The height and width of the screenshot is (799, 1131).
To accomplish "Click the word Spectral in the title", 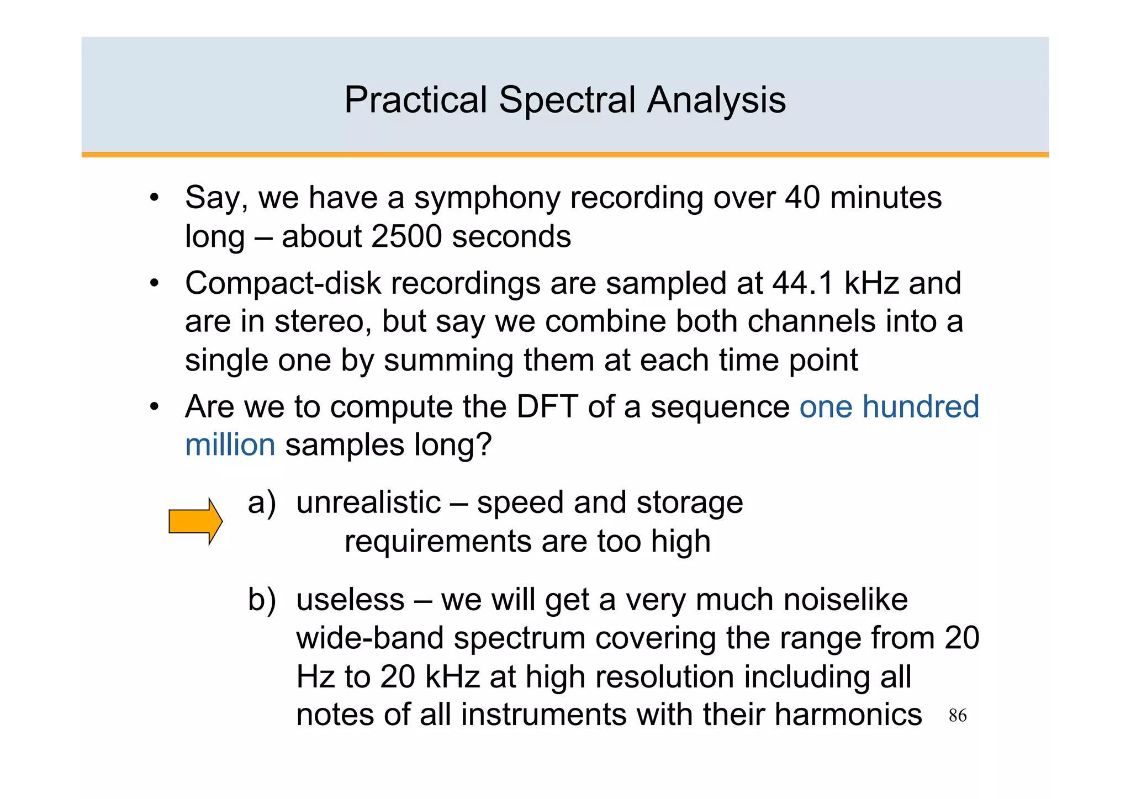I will click(x=567, y=101).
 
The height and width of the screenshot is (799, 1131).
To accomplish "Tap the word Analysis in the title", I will click(x=716, y=101).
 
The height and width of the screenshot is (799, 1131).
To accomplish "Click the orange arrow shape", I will click(x=195, y=521).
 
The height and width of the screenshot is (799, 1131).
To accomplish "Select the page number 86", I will click(x=957, y=716).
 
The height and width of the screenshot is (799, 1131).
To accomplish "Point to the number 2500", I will click(x=406, y=237).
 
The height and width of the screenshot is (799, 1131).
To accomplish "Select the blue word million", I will click(x=230, y=445).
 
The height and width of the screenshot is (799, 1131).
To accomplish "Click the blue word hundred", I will click(x=921, y=407).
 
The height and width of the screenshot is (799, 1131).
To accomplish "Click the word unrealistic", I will click(x=368, y=502).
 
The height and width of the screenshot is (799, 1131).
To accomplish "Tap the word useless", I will click(x=350, y=600).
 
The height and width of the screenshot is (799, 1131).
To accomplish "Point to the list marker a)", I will click(x=261, y=503).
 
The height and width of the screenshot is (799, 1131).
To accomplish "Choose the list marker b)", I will click(x=261, y=600).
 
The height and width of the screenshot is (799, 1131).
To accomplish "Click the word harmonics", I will click(x=848, y=715).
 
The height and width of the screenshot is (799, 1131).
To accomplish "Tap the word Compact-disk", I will click(x=283, y=283).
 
